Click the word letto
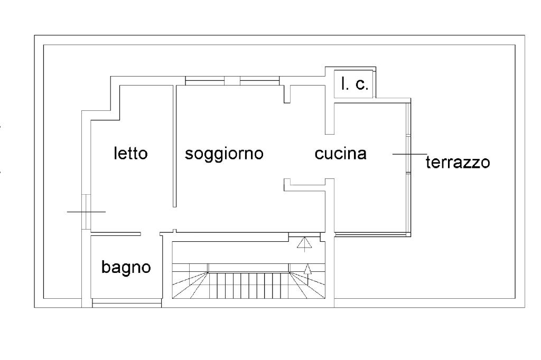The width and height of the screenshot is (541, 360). point(131,154)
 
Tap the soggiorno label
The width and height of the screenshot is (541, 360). point(224,154)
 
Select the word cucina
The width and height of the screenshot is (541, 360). point(340,154)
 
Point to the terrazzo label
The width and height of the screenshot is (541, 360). point(458,162)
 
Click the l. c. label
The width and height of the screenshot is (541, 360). point(355,84)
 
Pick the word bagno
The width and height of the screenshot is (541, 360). point(126,267)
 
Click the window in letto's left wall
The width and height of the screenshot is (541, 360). point(87,212)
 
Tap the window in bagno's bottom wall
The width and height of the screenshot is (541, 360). point(126,303)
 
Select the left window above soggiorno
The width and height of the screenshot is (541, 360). point(204,80)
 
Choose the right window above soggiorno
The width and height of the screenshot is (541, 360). point(259,80)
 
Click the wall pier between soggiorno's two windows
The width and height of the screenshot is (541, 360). point(232,80)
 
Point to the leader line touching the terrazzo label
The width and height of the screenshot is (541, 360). point(409,154)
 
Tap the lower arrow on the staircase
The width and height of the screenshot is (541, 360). point(308,270)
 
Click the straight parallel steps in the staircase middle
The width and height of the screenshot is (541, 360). point(249,286)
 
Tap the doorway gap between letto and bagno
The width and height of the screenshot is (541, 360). point(150,233)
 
